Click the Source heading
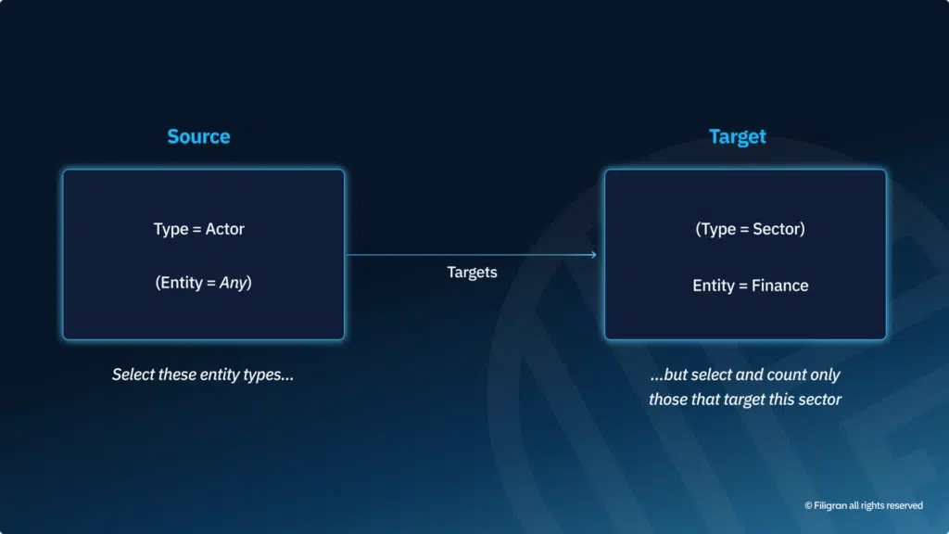click(198, 136)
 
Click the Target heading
click(737, 136)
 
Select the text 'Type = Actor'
click(198, 229)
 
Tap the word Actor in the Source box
click(224, 229)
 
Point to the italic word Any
click(234, 283)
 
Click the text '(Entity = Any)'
click(203, 283)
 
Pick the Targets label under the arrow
click(472, 273)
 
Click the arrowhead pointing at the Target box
click(593, 255)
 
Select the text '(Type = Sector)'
click(750, 229)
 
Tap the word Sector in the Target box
click(777, 229)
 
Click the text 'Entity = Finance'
click(751, 286)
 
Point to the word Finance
click(780, 286)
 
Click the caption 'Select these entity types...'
click(203, 375)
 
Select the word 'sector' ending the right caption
click(820, 400)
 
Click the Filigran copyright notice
click(864, 505)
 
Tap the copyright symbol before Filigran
click(808, 505)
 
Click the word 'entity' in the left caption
click(220, 375)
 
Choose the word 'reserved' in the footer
click(905, 505)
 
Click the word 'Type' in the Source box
click(171, 230)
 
